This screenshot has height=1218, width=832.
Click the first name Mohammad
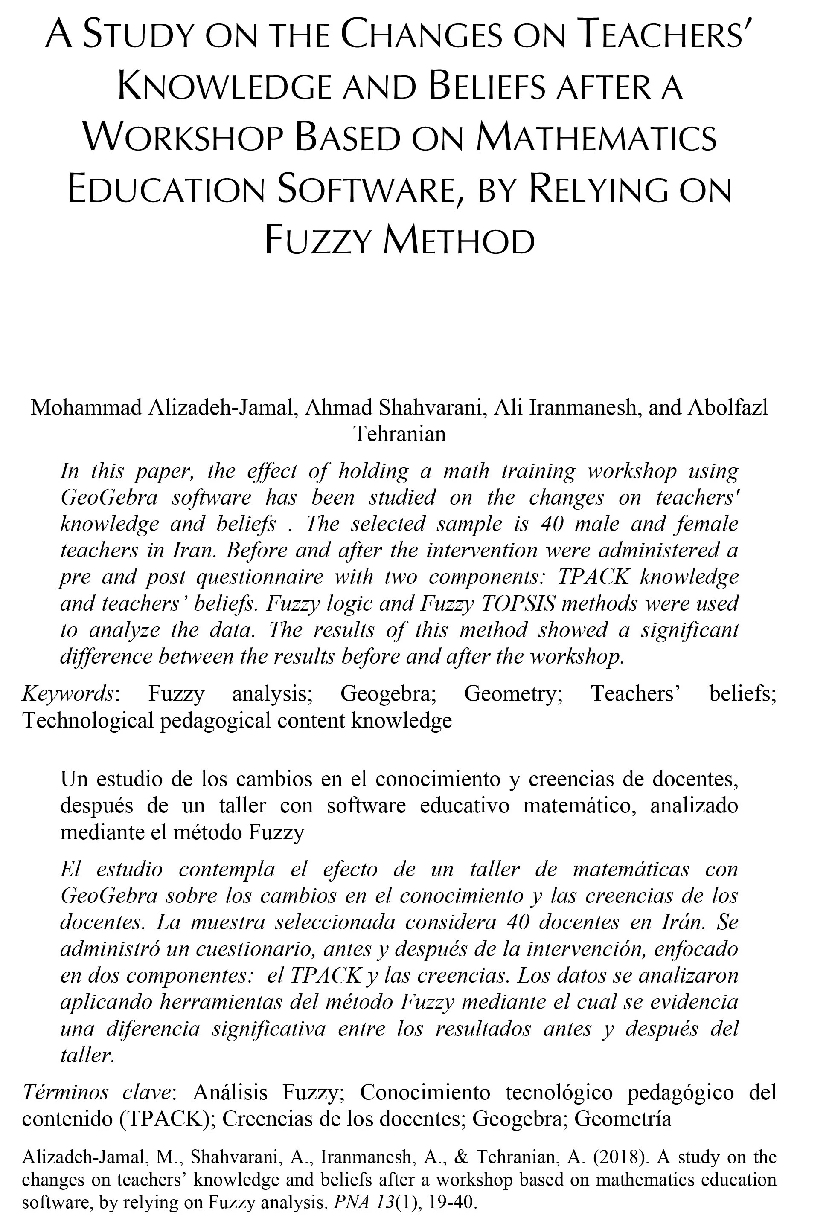(x=87, y=407)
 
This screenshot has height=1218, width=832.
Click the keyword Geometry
(x=513, y=693)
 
